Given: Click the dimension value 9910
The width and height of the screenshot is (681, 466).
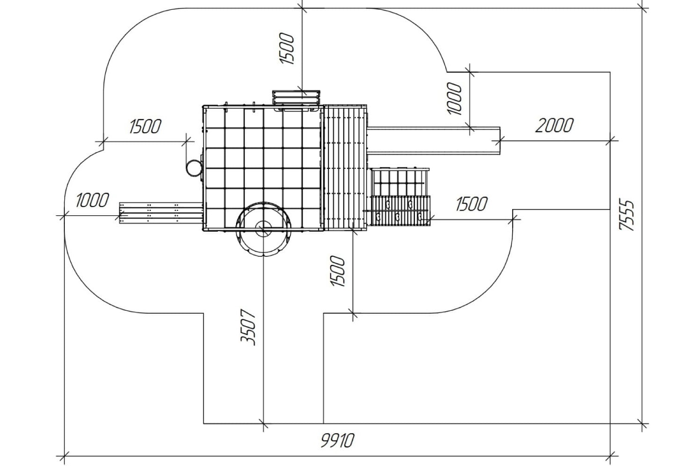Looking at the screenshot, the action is (337, 440).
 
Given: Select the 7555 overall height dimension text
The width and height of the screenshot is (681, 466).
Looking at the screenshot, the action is (627, 215).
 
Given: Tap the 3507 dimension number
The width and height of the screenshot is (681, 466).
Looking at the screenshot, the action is (248, 328).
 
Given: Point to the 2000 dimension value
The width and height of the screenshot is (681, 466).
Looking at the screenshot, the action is (554, 125).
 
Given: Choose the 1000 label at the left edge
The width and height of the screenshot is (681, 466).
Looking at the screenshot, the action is (92, 200).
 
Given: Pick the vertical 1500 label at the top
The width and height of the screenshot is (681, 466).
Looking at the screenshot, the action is (287, 48).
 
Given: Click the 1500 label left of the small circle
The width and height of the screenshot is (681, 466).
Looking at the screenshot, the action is (145, 126).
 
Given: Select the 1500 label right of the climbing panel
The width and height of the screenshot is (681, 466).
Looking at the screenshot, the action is (471, 204).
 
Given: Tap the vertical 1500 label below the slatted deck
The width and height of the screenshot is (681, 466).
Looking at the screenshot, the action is (338, 271).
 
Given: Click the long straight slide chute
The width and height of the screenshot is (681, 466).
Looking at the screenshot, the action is (434, 141).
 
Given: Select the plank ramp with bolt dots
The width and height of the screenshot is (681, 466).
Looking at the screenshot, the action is (161, 213).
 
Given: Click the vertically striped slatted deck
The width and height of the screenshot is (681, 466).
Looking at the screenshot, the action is (345, 167).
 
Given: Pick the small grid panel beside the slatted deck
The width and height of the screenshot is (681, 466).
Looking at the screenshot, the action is (399, 182).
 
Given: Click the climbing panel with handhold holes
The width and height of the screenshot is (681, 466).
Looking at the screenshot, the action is (401, 211).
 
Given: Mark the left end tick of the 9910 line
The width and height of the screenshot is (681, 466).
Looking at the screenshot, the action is (65, 456).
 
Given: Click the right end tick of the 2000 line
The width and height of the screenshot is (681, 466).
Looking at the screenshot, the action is (610, 141).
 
